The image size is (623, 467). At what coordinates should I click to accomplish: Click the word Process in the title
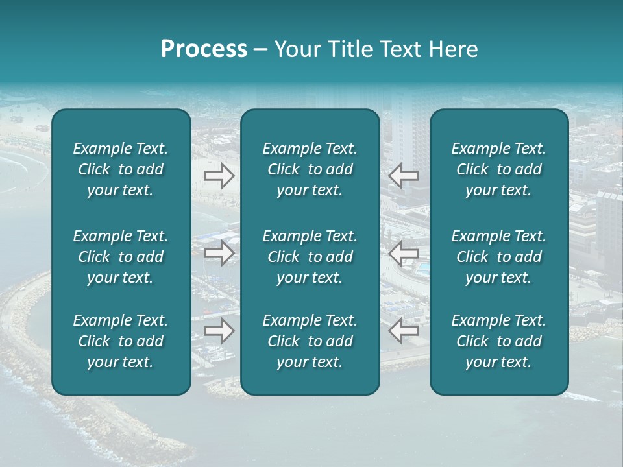coord(204,49)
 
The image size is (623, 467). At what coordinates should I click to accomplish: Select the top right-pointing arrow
coord(219,176)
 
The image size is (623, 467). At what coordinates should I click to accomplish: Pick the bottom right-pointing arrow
coord(219,330)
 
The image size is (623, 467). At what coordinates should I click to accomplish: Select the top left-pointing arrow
coord(403,176)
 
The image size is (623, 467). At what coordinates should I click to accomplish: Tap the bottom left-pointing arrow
coord(403,330)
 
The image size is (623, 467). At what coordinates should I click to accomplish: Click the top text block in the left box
coord(121,169)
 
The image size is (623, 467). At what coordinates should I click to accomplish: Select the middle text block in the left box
coord(121,257)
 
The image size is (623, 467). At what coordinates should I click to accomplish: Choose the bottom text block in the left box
coord(121,341)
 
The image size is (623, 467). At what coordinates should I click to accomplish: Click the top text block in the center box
coord(310,169)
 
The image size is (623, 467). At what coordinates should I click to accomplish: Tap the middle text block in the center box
coord(310,257)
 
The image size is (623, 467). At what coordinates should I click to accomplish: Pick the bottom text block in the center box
coord(310,341)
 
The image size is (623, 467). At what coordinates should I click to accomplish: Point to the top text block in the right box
coord(498,169)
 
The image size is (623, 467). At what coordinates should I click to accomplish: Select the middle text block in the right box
coord(498,257)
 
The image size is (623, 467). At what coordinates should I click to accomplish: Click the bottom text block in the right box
coord(498,341)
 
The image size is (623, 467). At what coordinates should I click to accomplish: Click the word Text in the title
coord(395,49)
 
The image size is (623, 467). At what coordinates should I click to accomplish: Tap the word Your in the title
coord(295,49)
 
